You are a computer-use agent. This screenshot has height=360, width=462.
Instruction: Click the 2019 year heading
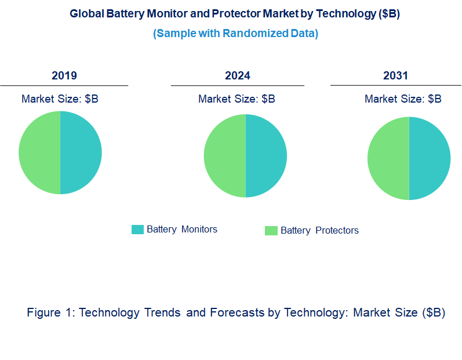pos(64,76)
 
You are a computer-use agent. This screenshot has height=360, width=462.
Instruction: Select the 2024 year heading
pos(238,76)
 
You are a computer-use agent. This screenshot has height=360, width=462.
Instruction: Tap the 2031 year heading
pos(395,76)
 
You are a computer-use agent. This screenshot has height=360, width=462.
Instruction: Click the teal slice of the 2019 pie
pos(81,152)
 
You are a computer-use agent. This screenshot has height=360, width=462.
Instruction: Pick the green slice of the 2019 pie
pos(39,152)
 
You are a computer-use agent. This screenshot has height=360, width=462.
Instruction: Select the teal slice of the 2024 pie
pos(266,155)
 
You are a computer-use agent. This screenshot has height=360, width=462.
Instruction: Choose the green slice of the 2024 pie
pos(225,155)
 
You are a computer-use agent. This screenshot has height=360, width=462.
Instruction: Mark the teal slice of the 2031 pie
pos(430,158)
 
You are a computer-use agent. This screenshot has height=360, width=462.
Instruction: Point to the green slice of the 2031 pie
pos(388,158)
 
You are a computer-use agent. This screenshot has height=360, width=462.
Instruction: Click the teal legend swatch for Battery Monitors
pos(137,230)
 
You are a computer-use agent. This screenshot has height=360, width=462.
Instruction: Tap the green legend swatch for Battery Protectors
pos(271,231)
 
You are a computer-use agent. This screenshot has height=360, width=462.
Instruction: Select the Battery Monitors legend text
pos(182,230)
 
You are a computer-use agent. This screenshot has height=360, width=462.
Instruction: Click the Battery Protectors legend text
pos(319,231)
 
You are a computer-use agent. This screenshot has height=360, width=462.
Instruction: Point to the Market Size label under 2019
pos(60,99)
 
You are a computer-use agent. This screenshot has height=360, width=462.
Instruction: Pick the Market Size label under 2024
pos(237,99)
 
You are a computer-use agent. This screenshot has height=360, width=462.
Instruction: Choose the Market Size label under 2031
pos(403,99)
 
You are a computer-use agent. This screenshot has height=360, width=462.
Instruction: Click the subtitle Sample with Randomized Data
pos(235,33)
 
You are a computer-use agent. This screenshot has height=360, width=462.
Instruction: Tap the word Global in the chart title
pos(86,14)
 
